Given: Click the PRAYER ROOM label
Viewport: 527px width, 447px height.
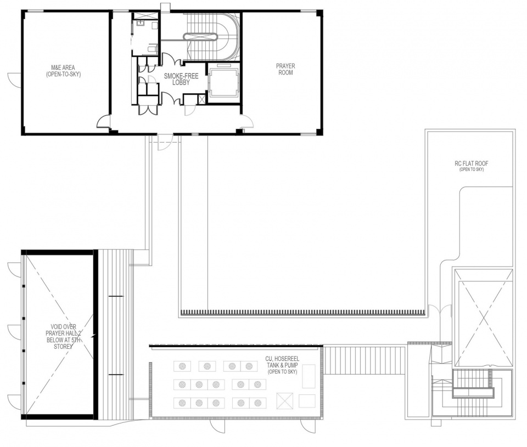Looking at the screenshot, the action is (285, 69).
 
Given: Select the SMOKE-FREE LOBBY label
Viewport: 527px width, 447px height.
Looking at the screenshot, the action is (181, 80).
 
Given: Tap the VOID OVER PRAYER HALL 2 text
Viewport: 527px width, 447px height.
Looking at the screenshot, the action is (63, 336).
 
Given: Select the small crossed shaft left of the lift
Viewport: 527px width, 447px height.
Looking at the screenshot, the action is (201, 99).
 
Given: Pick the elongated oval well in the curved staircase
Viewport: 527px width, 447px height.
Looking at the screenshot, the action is (200, 37).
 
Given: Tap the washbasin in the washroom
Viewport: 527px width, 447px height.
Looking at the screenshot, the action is (140, 23).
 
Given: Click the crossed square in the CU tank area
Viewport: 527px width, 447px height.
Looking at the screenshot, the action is (285, 400).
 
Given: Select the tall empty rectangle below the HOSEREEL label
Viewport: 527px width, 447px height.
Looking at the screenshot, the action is (308, 376).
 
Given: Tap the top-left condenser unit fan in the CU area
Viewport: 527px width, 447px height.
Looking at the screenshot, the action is (182, 366).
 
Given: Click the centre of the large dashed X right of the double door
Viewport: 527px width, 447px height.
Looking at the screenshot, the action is (483, 318).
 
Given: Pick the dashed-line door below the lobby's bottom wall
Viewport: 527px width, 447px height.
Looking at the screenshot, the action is (165, 143).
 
